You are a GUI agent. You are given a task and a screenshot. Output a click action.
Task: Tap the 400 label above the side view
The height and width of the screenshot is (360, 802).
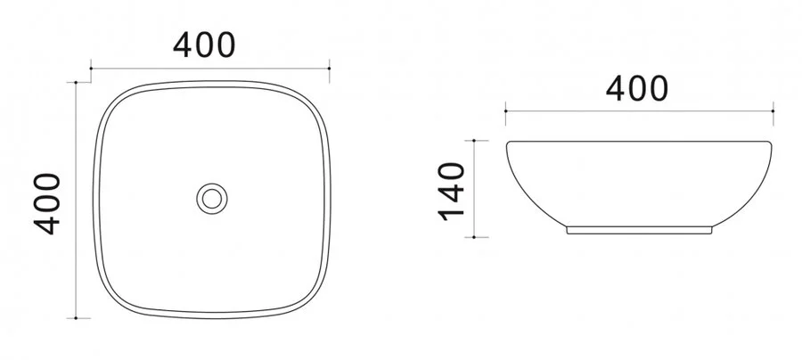click(x=636, y=87)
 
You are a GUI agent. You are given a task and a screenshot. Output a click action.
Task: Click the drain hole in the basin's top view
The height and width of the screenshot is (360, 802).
click(x=212, y=196)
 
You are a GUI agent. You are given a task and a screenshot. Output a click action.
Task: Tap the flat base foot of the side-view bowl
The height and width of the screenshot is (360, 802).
click(x=639, y=229)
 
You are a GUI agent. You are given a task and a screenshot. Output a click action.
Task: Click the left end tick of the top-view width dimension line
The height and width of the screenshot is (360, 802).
click(x=93, y=66)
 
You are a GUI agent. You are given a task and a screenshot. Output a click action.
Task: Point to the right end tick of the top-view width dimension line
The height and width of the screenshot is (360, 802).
click(x=331, y=66)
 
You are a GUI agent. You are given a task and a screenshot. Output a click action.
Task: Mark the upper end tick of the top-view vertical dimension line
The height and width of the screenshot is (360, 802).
click(x=78, y=82)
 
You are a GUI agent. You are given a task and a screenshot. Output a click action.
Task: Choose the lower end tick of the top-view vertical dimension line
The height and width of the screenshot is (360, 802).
click(x=78, y=316)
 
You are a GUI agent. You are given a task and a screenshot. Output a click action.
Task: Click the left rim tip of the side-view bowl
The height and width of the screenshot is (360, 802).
click(x=507, y=143)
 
